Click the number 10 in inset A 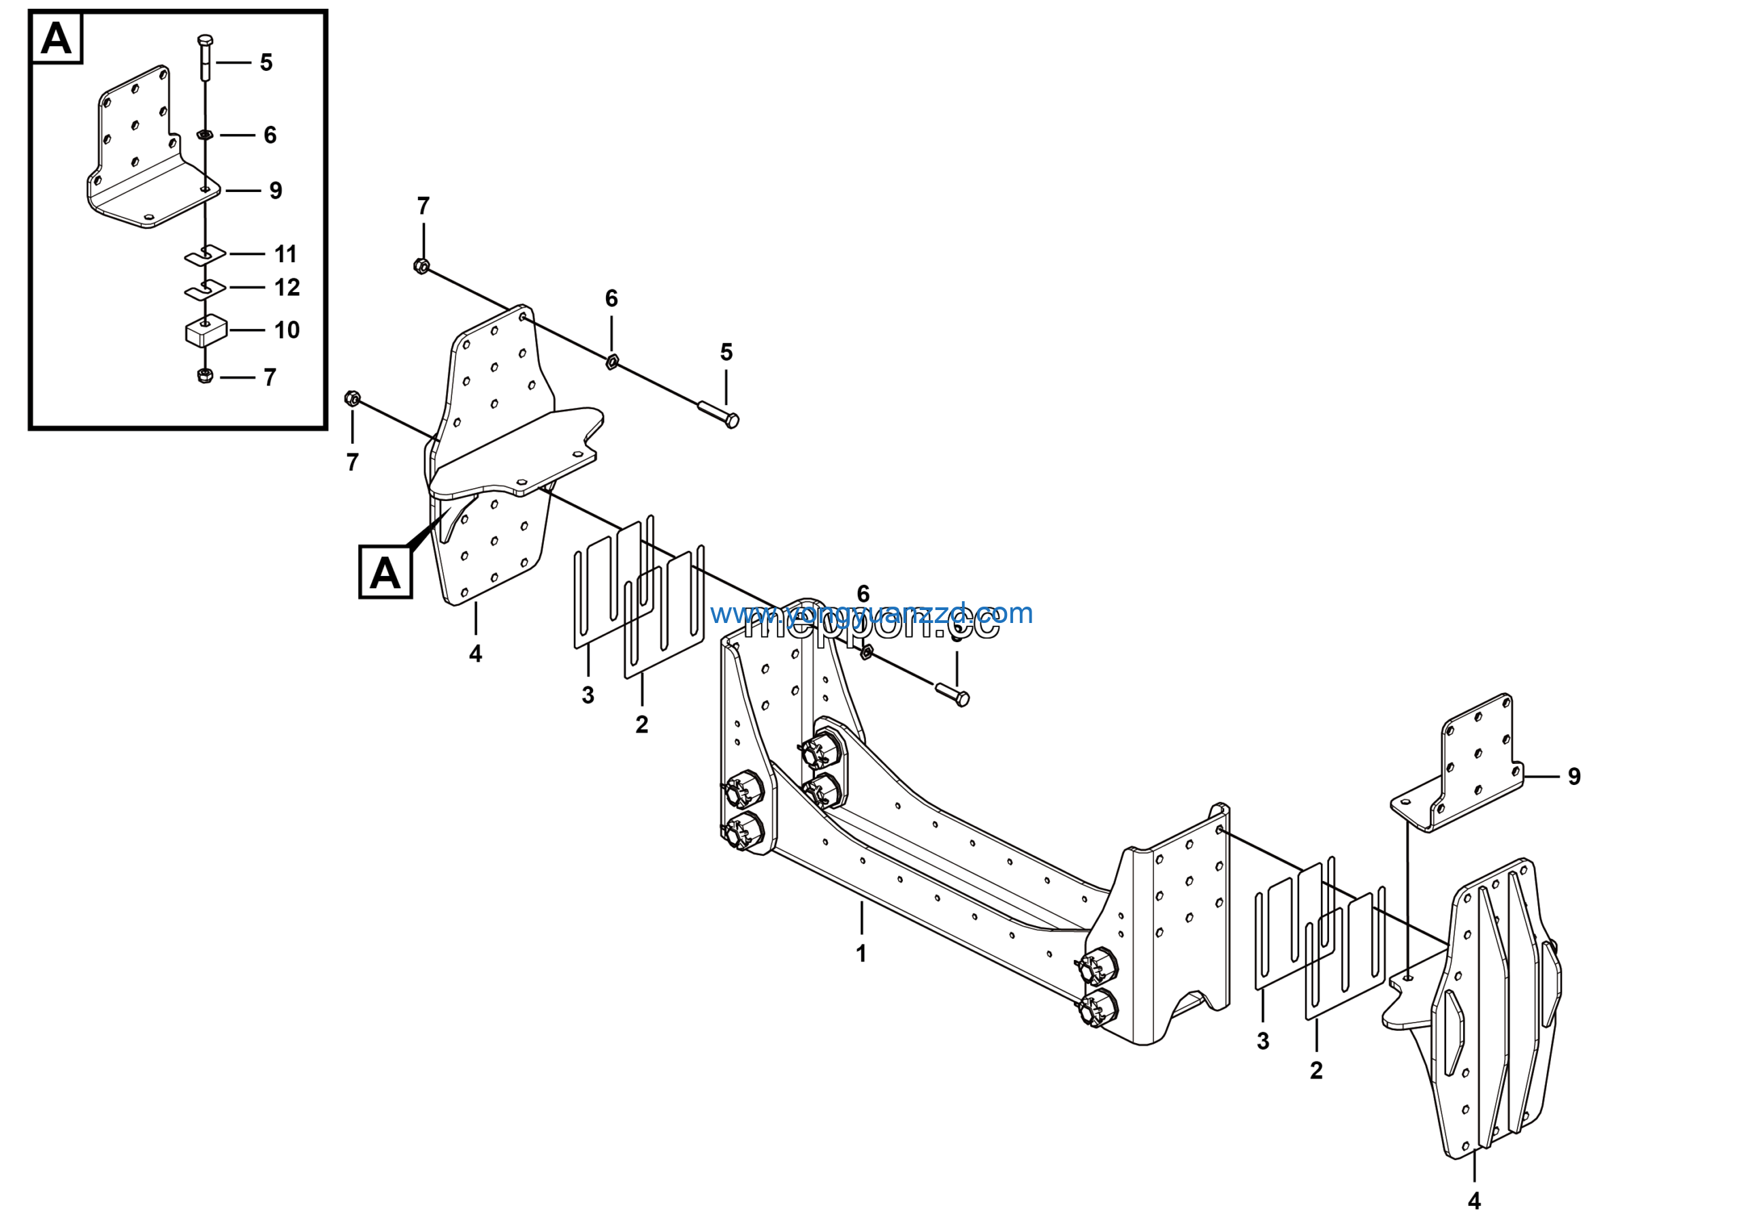tap(287, 330)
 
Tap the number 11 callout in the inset tap(285, 253)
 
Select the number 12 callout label tap(287, 287)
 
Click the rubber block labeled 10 tap(206, 332)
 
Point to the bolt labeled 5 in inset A tap(205, 57)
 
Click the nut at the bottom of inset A tap(205, 376)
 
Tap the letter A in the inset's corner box tap(57, 38)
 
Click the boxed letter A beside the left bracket tap(385, 573)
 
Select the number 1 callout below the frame tap(861, 954)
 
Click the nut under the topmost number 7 tap(422, 266)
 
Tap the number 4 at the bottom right tap(1474, 1202)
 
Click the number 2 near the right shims tap(1316, 1071)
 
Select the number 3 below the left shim tap(588, 695)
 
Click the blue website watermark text tap(871, 613)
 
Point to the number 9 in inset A tap(276, 191)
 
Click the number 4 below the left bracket tap(475, 654)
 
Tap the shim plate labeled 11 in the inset tap(206, 255)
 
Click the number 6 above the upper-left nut tap(611, 298)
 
